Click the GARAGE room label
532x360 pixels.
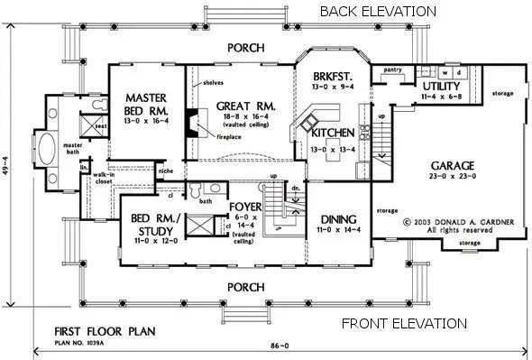coord(452,167)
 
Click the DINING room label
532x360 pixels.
coord(338,218)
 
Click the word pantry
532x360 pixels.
coord(392,69)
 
